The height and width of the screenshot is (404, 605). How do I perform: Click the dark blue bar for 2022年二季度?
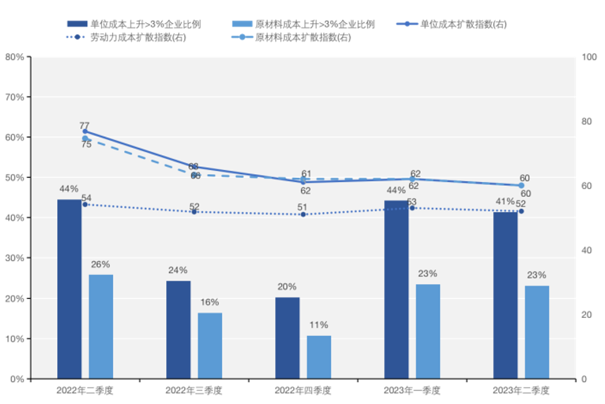(69, 289)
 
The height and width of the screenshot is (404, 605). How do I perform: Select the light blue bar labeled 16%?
(210, 345)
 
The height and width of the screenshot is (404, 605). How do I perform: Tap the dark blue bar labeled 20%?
(287, 338)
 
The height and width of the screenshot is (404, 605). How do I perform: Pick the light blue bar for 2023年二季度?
(537, 332)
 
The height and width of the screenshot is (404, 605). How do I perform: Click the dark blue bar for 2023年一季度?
(396, 289)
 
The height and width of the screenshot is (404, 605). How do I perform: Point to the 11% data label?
(318, 325)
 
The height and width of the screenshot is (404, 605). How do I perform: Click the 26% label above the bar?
(100, 264)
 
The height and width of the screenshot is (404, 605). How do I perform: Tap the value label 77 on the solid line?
(85, 125)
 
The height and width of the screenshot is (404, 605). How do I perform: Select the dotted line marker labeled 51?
(303, 214)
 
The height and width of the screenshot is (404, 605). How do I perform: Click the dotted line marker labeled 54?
(85, 204)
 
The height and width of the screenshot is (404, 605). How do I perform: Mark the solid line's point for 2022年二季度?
(85, 132)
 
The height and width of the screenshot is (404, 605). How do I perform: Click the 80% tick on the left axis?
(14, 57)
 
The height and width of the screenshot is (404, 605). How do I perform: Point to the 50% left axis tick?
(14, 178)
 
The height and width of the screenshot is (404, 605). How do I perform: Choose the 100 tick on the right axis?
(588, 57)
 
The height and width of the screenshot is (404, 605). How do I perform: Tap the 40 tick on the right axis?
(586, 250)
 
